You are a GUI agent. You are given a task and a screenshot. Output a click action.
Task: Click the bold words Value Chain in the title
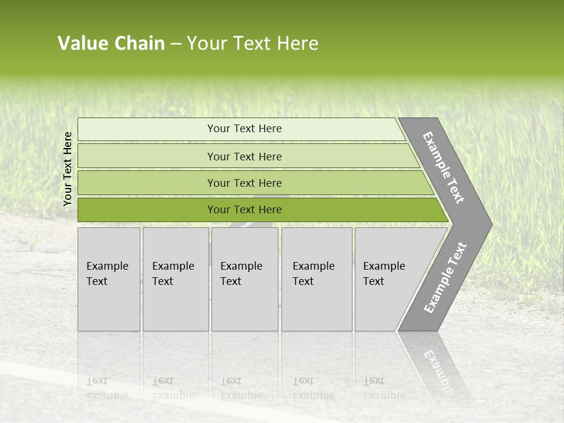point(111,43)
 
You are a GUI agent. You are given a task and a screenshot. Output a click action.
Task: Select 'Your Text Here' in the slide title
point(253,43)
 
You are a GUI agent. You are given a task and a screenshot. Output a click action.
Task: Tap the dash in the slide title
point(176,44)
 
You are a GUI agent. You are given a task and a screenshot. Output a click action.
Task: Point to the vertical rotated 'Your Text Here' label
point(68,169)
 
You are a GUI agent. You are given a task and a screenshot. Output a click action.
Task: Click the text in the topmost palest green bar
point(244,129)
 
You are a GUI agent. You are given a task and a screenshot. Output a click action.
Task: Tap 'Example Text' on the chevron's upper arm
point(444,167)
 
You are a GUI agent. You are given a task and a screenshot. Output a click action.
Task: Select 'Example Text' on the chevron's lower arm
point(445,278)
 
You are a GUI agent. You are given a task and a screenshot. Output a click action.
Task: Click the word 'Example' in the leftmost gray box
point(107,266)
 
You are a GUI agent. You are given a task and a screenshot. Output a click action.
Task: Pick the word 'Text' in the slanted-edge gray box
point(373,281)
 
